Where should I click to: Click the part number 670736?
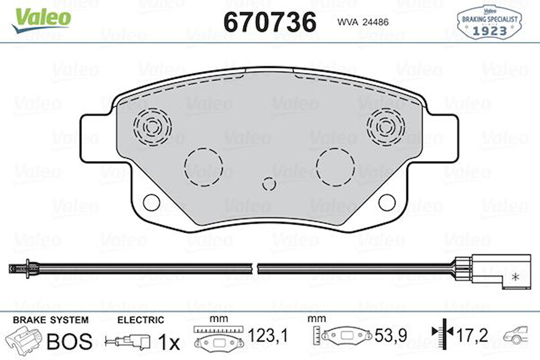pyautogui.click(x=270, y=22)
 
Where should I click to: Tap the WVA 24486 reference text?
pyautogui.click(x=363, y=22)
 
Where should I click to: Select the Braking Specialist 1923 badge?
pyautogui.click(x=489, y=23)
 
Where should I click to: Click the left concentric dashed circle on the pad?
pyautogui.click(x=152, y=124)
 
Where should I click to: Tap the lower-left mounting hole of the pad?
pyautogui.click(x=151, y=201)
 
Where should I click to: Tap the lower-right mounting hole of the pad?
pyautogui.click(x=387, y=201)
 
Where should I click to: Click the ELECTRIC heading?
pyautogui.click(x=140, y=320)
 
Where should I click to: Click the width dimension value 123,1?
pyautogui.click(x=267, y=337)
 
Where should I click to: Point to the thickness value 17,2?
pyautogui.click(x=472, y=336)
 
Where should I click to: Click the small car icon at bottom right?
pyautogui.click(x=516, y=335)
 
